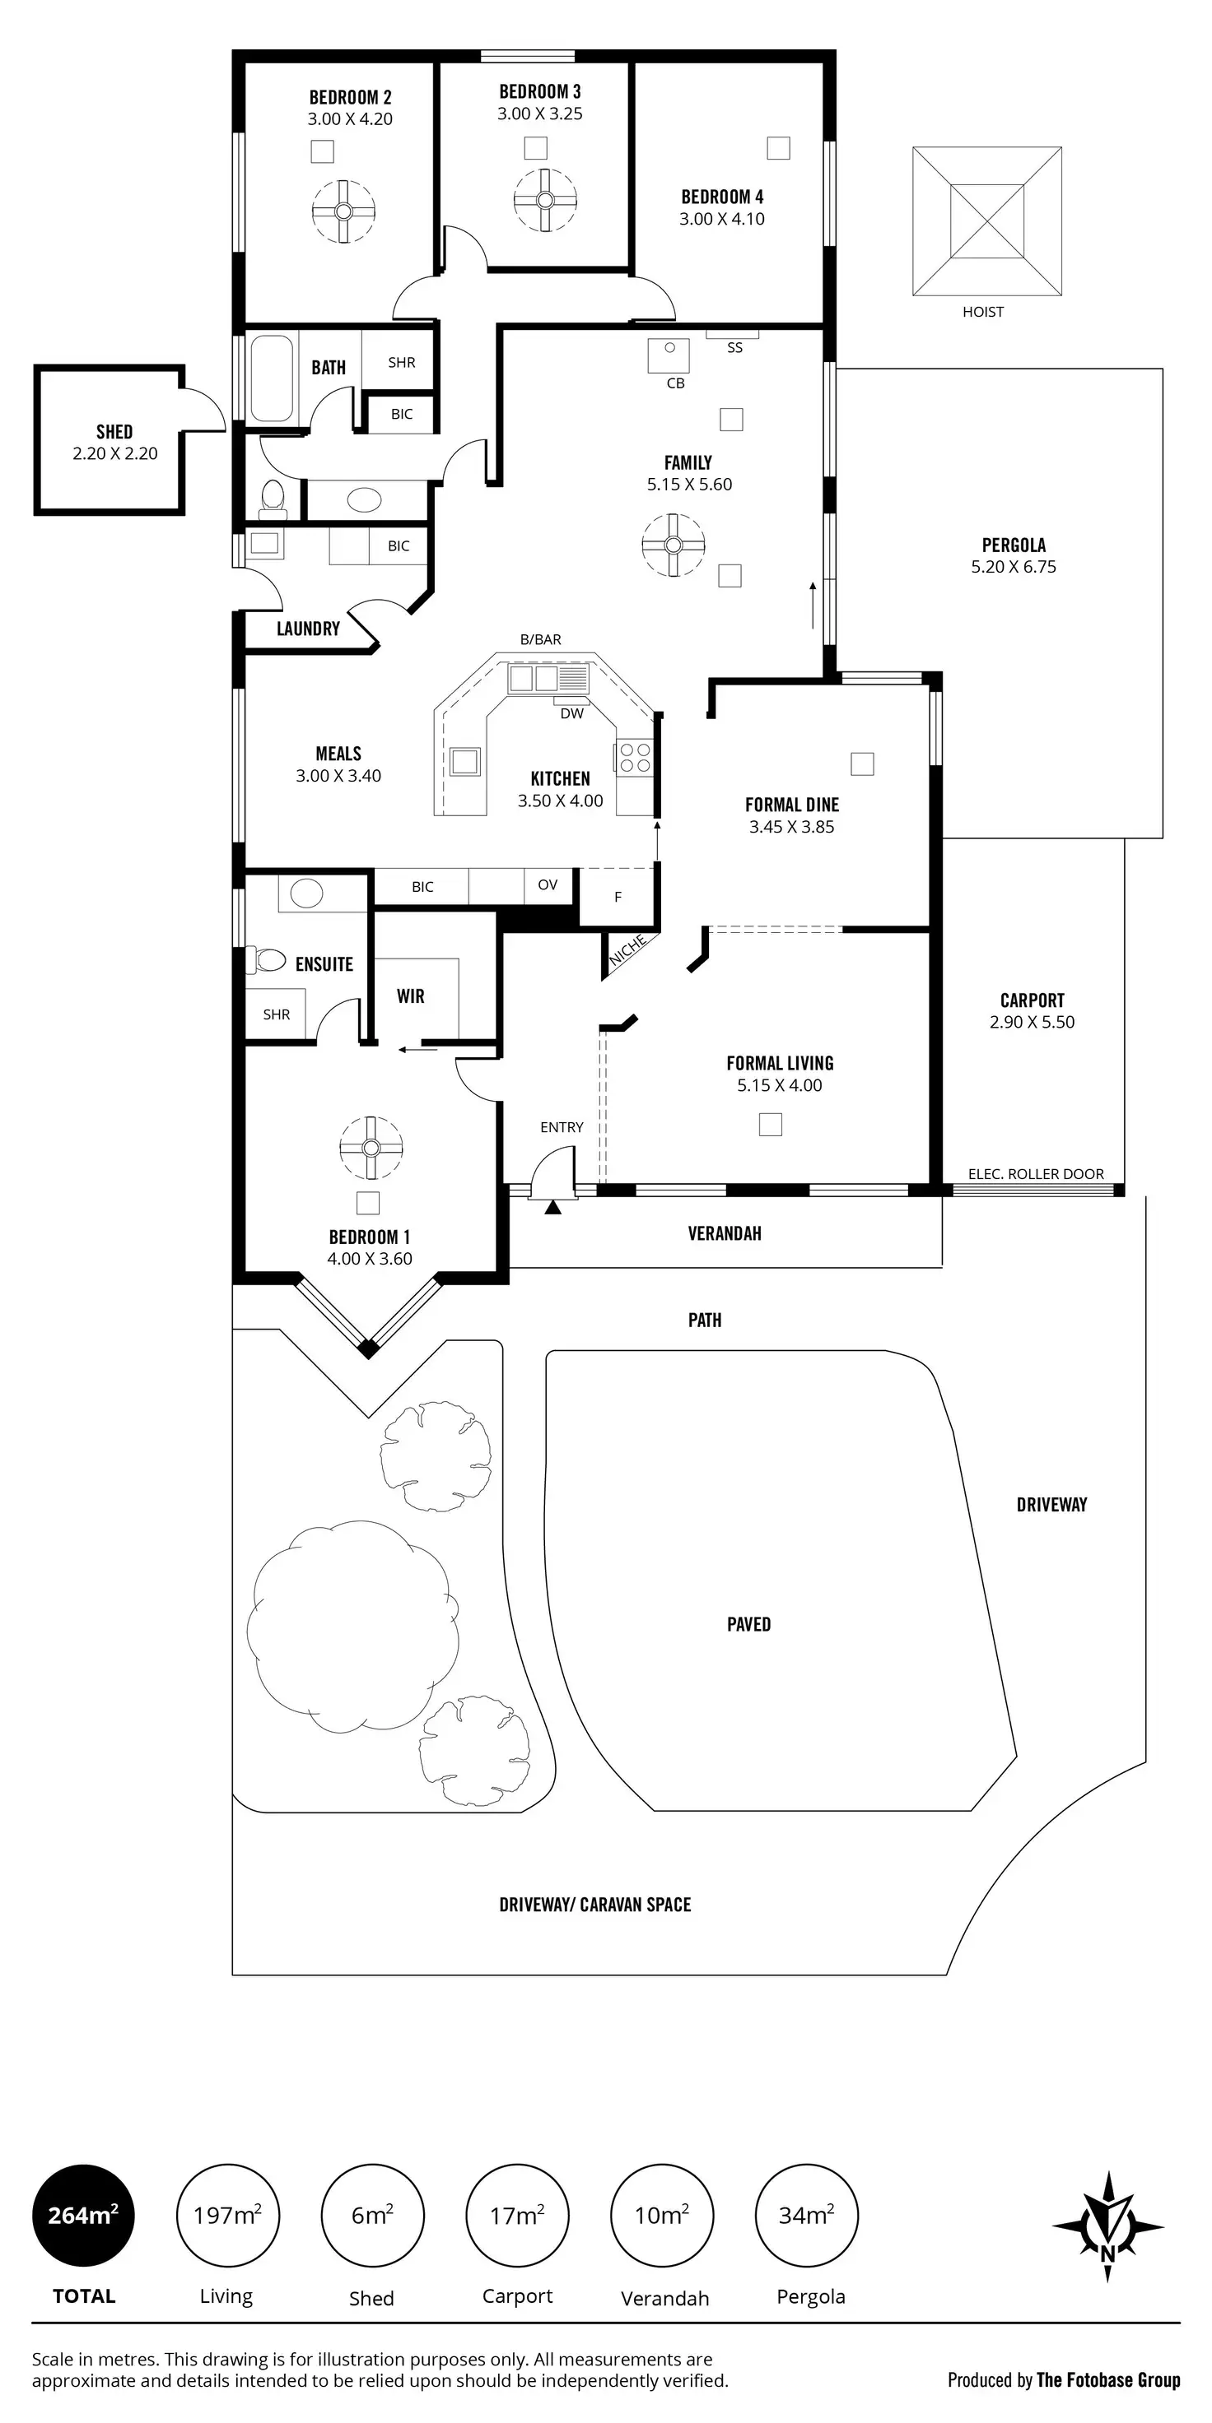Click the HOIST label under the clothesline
click(982, 311)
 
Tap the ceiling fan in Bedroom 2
click(343, 211)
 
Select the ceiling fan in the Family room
click(673, 545)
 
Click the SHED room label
click(114, 432)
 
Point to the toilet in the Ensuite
click(268, 960)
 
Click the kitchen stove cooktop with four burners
click(633, 757)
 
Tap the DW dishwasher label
click(572, 713)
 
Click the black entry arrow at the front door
click(552, 1207)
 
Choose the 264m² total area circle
click(84, 2215)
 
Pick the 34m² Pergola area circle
click(806, 2215)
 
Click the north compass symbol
click(1107, 2226)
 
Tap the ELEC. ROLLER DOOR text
click(1036, 1174)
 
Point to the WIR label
click(410, 996)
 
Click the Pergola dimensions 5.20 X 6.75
click(1014, 567)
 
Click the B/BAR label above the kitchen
click(540, 639)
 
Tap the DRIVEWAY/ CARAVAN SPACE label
click(594, 1905)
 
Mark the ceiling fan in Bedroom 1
click(371, 1148)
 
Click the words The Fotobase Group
click(1108, 2379)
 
